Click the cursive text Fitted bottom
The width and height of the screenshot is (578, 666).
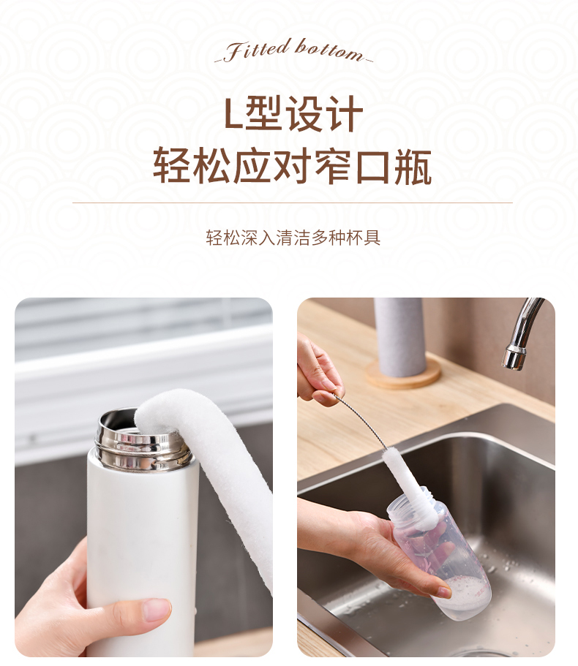293,50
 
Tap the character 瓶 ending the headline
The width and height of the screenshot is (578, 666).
413,166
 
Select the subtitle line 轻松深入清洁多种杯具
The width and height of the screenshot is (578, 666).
293,238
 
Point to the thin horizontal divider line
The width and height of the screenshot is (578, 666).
293,203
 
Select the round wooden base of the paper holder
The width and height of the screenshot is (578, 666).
403,373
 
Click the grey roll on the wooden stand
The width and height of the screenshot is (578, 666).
399,336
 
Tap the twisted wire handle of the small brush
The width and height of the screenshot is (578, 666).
361,421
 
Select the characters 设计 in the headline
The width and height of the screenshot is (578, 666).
324,113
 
